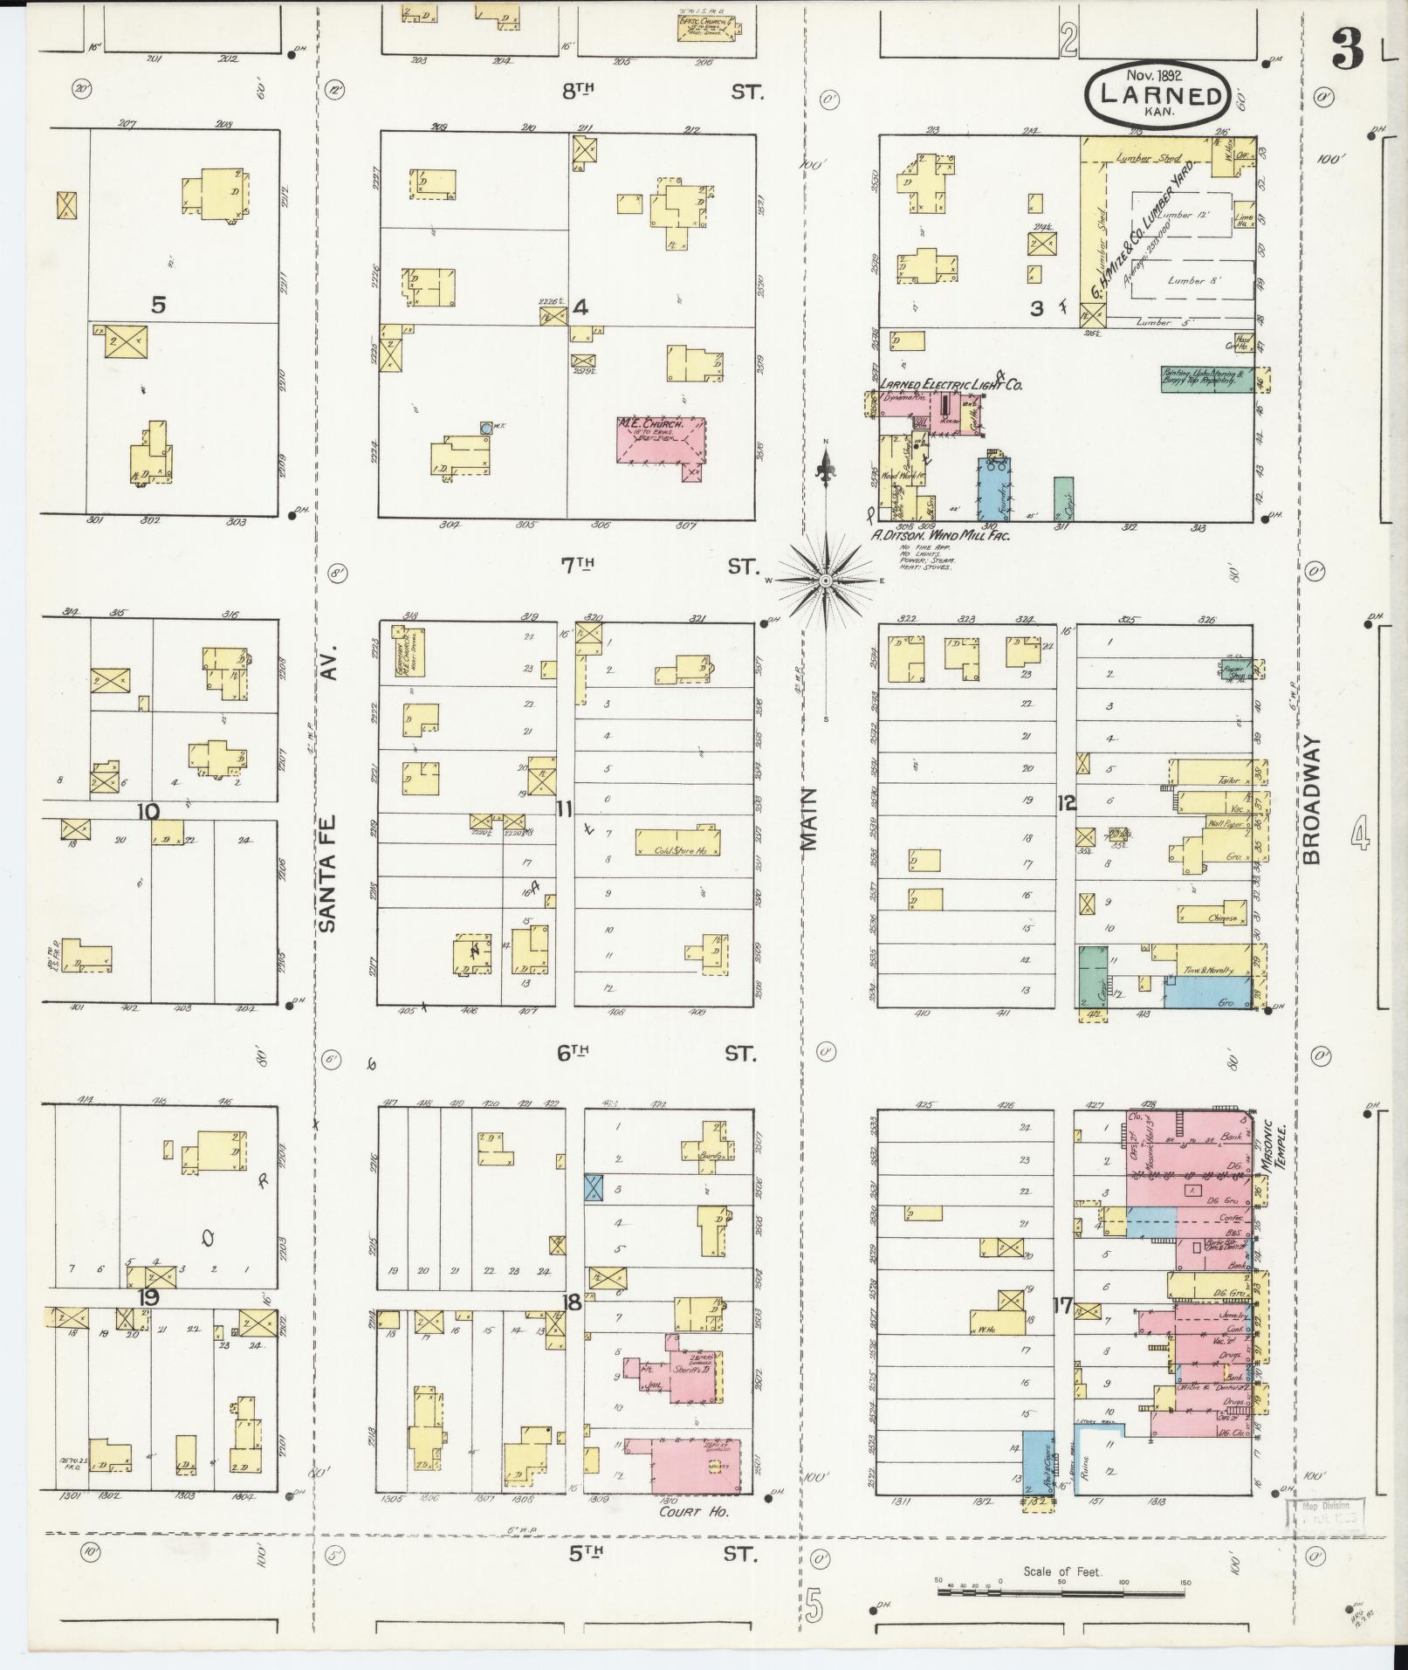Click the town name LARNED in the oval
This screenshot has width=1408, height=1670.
(x=1160, y=95)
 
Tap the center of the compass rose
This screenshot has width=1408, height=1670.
(x=826, y=580)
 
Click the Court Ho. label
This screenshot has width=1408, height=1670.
(x=694, y=1511)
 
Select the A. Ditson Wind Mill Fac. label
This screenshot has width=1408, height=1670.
(x=939, y=535)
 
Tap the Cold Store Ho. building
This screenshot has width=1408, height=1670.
(x=677, y=842)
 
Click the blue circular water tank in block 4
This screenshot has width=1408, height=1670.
(x=485, y=429)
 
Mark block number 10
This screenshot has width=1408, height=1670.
(x=148, y=812)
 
